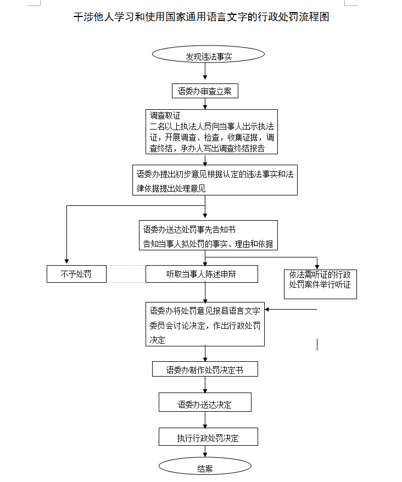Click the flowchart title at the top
[201, 17]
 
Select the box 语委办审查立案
[205, 91]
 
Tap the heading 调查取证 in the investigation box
[165, 116]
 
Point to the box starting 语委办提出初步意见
[215, 180]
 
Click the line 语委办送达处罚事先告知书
[189, 229]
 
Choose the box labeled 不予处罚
[76, 273]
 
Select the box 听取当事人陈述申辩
[202, 273]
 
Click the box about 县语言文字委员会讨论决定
[205, 324]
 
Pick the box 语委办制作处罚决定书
[205, 369]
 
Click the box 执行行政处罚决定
[208, 437]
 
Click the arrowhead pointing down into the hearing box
[317, 265]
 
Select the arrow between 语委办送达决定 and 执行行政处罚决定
[205, 420]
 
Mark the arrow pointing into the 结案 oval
[205, 453]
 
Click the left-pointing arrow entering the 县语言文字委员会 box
[269, 310]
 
